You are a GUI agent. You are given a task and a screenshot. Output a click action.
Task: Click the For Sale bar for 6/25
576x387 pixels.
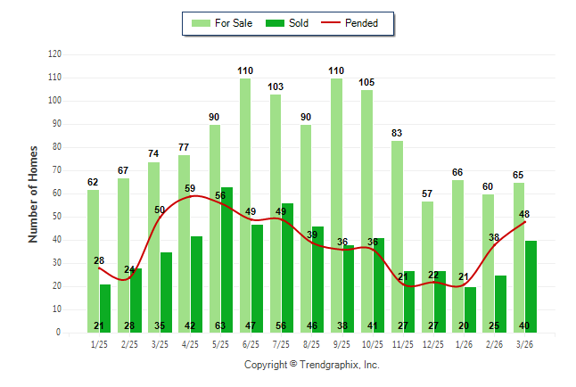pyautogui.click(x=244, y=205)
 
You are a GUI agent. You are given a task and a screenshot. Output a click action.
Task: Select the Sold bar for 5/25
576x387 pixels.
pyautogui.click(x=226, y=259)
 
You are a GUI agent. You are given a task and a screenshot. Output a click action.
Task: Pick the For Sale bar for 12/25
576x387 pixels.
pyautogui.click(x=426, y=267)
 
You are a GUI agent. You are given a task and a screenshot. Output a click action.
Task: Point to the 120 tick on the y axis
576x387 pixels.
pyautogui.click(x=54, y=54)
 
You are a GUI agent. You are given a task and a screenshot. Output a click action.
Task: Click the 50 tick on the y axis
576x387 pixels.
pyautogui.click(x=57, y=217)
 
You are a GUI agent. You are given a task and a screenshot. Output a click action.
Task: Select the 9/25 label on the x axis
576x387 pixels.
pyautogui.click(x=342, y=343)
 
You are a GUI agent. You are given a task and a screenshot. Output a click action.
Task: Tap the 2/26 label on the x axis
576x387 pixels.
pyautogui.click(x=495, y=343)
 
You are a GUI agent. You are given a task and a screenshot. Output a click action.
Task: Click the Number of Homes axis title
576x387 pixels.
pyautogui.click(x=33, y=193)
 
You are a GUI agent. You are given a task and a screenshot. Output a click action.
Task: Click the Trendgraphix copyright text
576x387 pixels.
pyautogui.click(x=312, y=365)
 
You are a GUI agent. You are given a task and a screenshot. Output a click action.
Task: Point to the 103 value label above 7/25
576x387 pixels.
pyautogui.click(x=276, y=86)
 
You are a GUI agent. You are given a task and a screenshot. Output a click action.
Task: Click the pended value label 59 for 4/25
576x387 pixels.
pyautogui.click(x=190, y=188)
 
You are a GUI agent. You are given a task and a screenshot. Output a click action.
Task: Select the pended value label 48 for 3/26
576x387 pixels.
pyautogui.click(x=524, y=214)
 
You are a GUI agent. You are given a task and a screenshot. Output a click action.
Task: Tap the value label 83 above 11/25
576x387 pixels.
pyautogui.click(x=397, y=133)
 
